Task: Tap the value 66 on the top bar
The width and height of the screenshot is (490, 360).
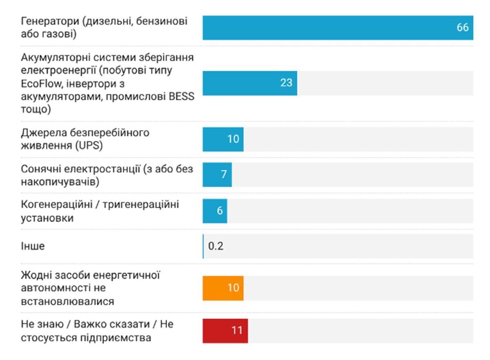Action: click(462, 28)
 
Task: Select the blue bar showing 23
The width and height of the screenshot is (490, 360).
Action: click(249, 83)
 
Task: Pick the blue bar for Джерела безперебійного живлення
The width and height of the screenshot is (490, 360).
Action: click(223, 139)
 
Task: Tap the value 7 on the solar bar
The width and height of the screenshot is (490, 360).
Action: click(224, 175)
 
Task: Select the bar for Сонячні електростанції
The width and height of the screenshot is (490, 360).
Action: click(217, 175)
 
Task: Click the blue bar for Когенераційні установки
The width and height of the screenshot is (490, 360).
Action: click(215, 211)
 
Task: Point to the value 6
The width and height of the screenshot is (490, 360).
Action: click(220, 211)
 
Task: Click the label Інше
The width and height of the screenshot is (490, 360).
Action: click(33, 247)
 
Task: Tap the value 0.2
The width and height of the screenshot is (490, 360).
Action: click(216, 247)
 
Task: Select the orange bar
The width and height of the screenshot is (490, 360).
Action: click(223, 288)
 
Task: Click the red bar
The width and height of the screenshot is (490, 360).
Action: click(225, 330)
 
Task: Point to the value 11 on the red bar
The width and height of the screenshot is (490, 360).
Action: click(237, 330)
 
